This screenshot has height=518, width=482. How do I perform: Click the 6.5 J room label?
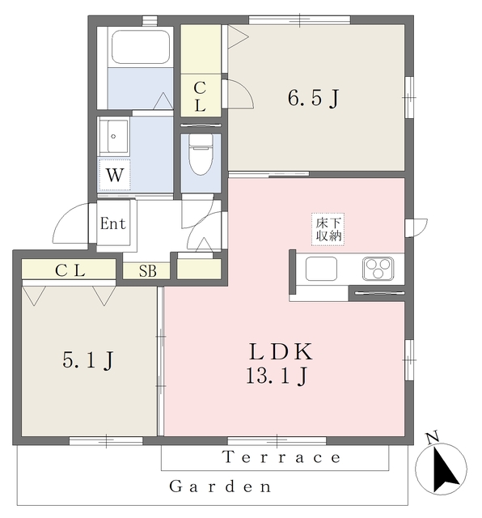coord(313,98)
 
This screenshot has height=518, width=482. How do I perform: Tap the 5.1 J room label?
coord(88,360)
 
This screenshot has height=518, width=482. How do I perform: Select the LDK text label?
coord(281,351)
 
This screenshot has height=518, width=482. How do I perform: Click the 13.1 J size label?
coord(277,376)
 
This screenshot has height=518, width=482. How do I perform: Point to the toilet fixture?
coord(201,154)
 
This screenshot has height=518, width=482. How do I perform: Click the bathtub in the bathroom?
coord(141,47)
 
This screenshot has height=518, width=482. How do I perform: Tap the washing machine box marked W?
coord(115,175)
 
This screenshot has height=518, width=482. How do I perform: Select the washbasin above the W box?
coord(114,136)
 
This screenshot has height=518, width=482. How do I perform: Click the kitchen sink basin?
coord(321,269)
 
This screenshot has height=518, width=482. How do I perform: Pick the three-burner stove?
coord(378,269)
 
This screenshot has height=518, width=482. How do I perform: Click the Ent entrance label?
coord(113,223)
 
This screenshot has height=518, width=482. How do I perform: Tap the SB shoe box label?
coord(147,271)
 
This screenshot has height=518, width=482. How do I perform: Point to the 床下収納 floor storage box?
coord(328,229)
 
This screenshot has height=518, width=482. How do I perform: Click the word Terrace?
coord(282,457)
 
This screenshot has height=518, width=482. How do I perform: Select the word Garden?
coord(220,486)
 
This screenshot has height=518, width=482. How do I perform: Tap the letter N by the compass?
coord(432,437)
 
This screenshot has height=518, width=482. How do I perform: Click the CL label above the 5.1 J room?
coord(70,270)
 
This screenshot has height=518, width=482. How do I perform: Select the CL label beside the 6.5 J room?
coord(200,97)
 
